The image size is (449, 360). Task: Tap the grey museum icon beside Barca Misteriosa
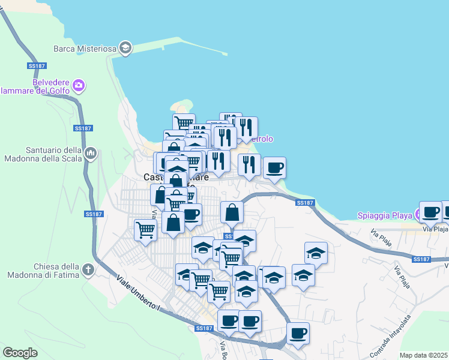click(x=125, y=48)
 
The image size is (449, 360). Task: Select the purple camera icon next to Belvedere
click(x=79, y=86)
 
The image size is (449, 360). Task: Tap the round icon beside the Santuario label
click(x=91, y=154)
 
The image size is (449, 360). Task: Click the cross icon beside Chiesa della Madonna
click(x=88, y=270)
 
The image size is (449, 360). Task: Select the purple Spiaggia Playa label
click(x=385, y=215)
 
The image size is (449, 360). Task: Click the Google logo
click(x=20, y=353)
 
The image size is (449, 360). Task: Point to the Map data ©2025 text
click(x=423, y=355)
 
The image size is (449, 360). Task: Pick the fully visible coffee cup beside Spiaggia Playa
click(x=430, y=211)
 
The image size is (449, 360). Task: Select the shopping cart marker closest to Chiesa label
click(x=145, y=229)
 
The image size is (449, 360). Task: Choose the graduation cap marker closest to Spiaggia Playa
click(x=316, y=253)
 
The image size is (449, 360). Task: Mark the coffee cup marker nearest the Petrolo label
click(x=274, y=167)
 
